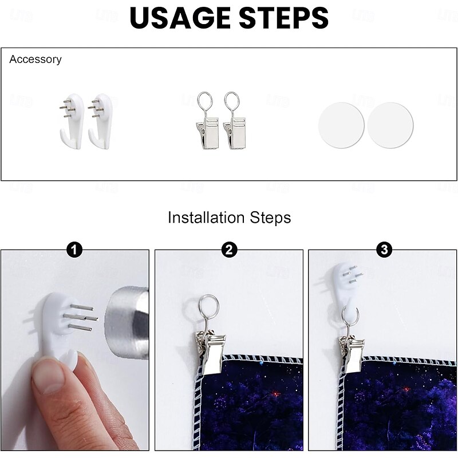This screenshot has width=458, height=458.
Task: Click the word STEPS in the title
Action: coord(284,18)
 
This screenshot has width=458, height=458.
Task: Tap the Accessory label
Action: coord(35,60)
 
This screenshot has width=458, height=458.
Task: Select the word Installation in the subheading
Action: coord(206,218)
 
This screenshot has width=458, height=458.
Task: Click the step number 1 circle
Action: coord(74,250)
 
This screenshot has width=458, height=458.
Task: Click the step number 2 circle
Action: coord(229,250)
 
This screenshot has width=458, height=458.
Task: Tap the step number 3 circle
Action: coord(384,250)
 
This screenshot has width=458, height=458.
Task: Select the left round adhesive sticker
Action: coord(341,125)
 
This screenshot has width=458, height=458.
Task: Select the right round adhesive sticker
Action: coord(390,125)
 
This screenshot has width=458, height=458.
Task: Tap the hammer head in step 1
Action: coord(127,323)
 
